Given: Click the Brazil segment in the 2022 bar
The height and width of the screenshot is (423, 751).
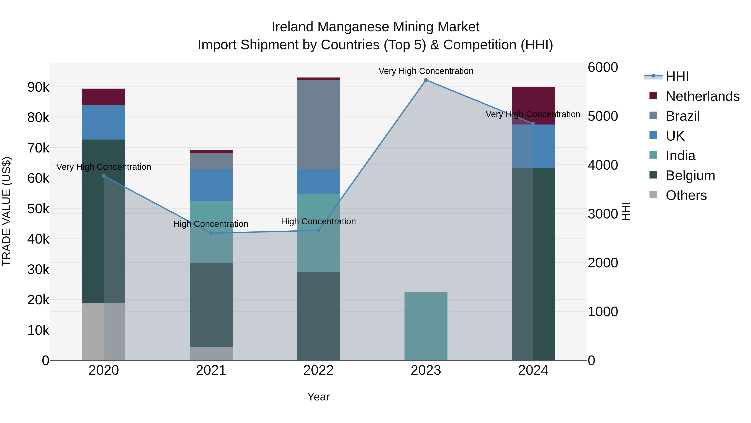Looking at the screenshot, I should point(318,125).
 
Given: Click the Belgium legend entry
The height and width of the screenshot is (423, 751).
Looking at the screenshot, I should point(690,175).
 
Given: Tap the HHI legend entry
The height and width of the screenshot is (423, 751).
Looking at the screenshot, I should point(677,76).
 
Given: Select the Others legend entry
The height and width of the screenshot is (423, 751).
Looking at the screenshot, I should point(686,195).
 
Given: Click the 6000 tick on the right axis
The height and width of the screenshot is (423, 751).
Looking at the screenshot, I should point(602,67).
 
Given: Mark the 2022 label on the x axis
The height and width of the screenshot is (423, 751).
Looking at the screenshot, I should point(318,370).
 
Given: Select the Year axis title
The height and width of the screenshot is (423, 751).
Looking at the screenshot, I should point(318,397).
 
